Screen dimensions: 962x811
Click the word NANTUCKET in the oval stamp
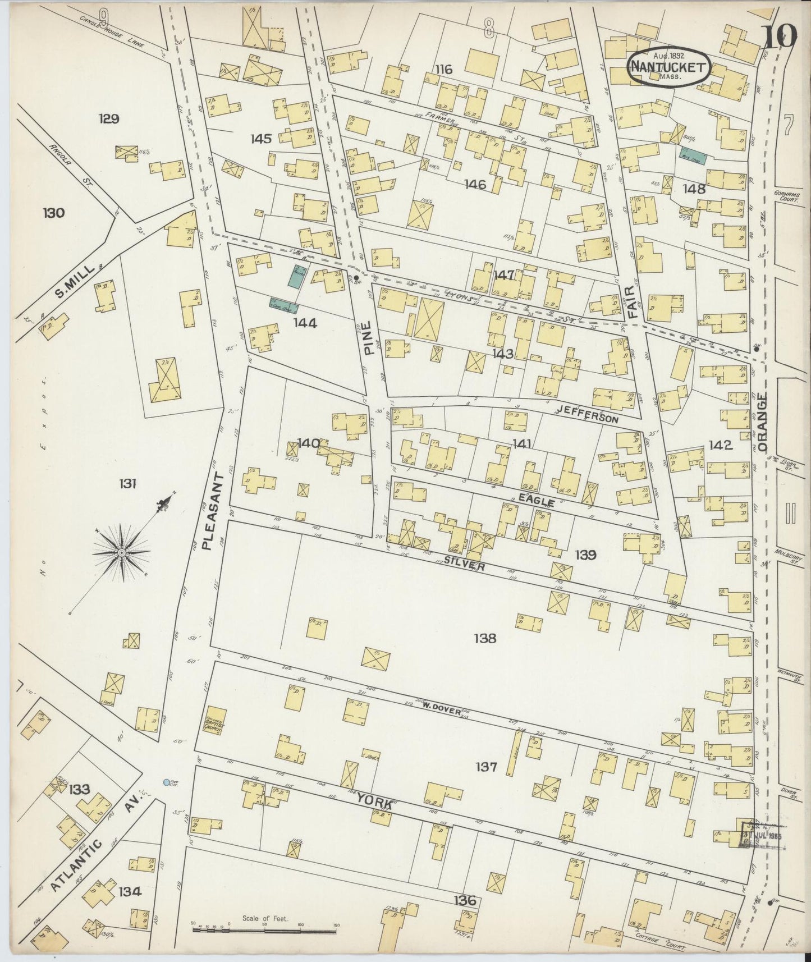668,67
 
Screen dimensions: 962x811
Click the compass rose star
121,553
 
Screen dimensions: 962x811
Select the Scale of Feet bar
264,929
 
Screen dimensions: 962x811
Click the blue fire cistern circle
166,782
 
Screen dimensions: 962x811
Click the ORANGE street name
763,421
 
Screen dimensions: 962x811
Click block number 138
484,638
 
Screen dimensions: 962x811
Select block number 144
305,323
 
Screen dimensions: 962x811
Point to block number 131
127,483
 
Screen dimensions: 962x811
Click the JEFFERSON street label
595,418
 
